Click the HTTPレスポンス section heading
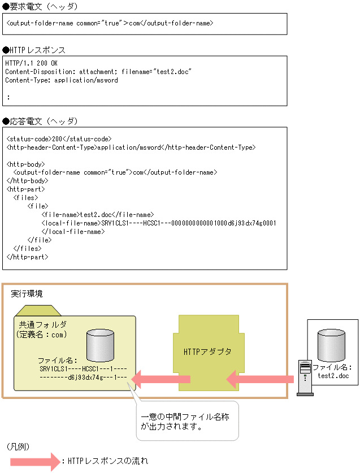(x=34, y=50)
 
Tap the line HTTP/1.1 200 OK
(x=32, y=63)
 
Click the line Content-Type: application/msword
(x=62, y=80)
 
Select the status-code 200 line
(x=59, y=138)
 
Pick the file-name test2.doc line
(x=97, y=215)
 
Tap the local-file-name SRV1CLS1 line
(x=158, y=223)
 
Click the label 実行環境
(x=27, y=294)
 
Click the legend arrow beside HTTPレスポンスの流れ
(x=34, y=461)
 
